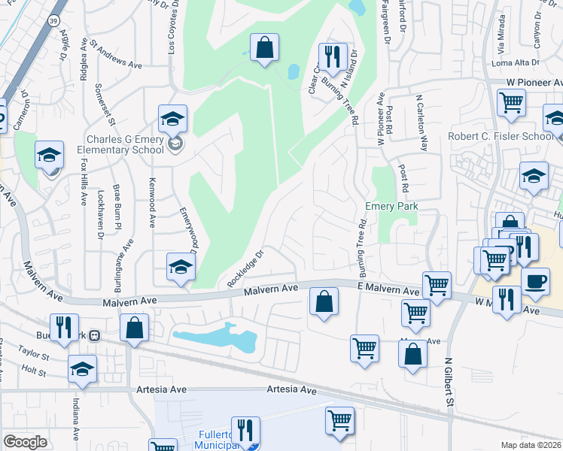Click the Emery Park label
[x=391, y=206]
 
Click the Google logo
[x=25, y=441]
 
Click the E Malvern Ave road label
[x=388, y=290]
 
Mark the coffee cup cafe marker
[x=535, y=281]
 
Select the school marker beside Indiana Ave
[x=82, y=368]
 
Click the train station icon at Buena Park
[x=95, y=334]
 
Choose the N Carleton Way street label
[x=422, y=124]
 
